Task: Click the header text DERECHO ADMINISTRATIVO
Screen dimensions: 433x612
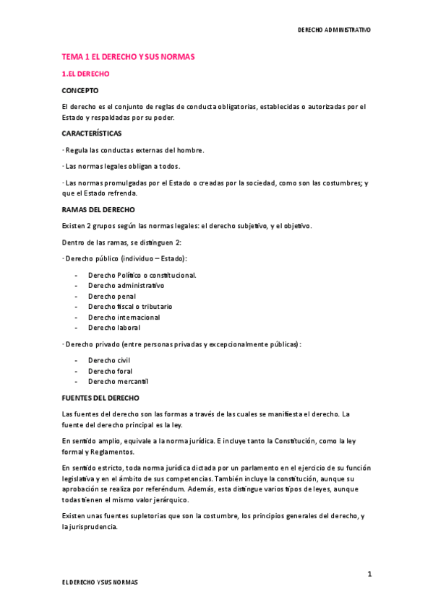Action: pyautogui.click(x=334, y=30)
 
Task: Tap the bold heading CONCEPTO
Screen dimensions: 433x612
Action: pyautogui.click(x=80, y=90)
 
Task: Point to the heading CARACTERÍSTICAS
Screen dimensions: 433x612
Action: pyautogui.click(x=92, y=134)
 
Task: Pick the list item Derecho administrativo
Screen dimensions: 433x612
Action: pyautogui.click(x=126, y=285)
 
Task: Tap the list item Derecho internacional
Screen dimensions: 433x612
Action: pyautogui.click(x=124, y=317)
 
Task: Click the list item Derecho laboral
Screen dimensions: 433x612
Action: pyautogui.click(x=113, y=328)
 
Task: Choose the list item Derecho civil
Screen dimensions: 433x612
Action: pyautogui.click(x=108, y=360)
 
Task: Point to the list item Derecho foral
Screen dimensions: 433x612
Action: pyautogui.click(x=109, y=371)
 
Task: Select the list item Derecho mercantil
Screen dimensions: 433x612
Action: pyautogui.click(x=118, y=381)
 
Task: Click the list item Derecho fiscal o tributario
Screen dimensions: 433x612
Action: pyautogui.click(x=130, y=306)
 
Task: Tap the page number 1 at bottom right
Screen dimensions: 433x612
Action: pyautogui.click(x=369, y=574)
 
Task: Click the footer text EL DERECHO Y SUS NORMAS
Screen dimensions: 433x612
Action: pyautogui.click(x=100, y=581)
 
